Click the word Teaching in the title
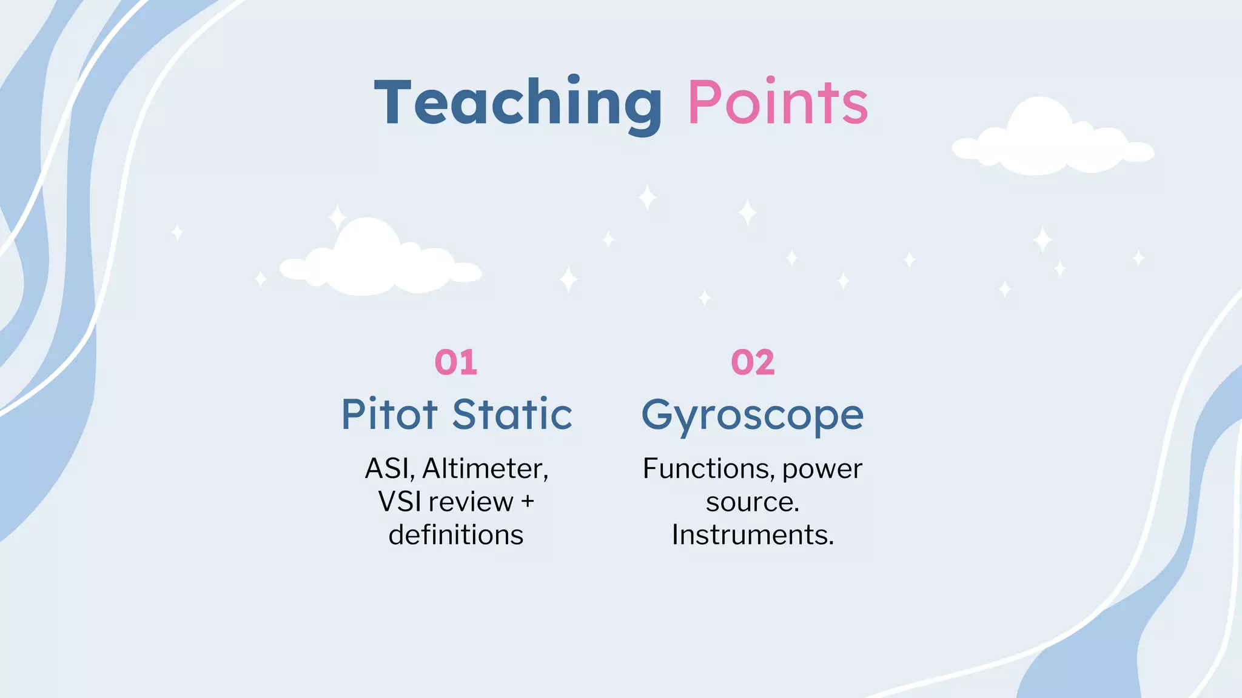point(519,103)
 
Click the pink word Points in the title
point(777,103)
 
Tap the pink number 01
point(456,362)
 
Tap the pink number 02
point(753,362)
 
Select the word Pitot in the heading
point(389,415)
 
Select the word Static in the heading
point(512,415)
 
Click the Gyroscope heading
point(753,416)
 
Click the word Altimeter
point(485,468)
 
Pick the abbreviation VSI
point(399,502)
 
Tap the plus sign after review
point(527,502)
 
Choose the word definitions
point(456,535)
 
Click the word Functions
point(708,468)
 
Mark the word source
point(753,502)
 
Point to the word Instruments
point(753,535)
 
